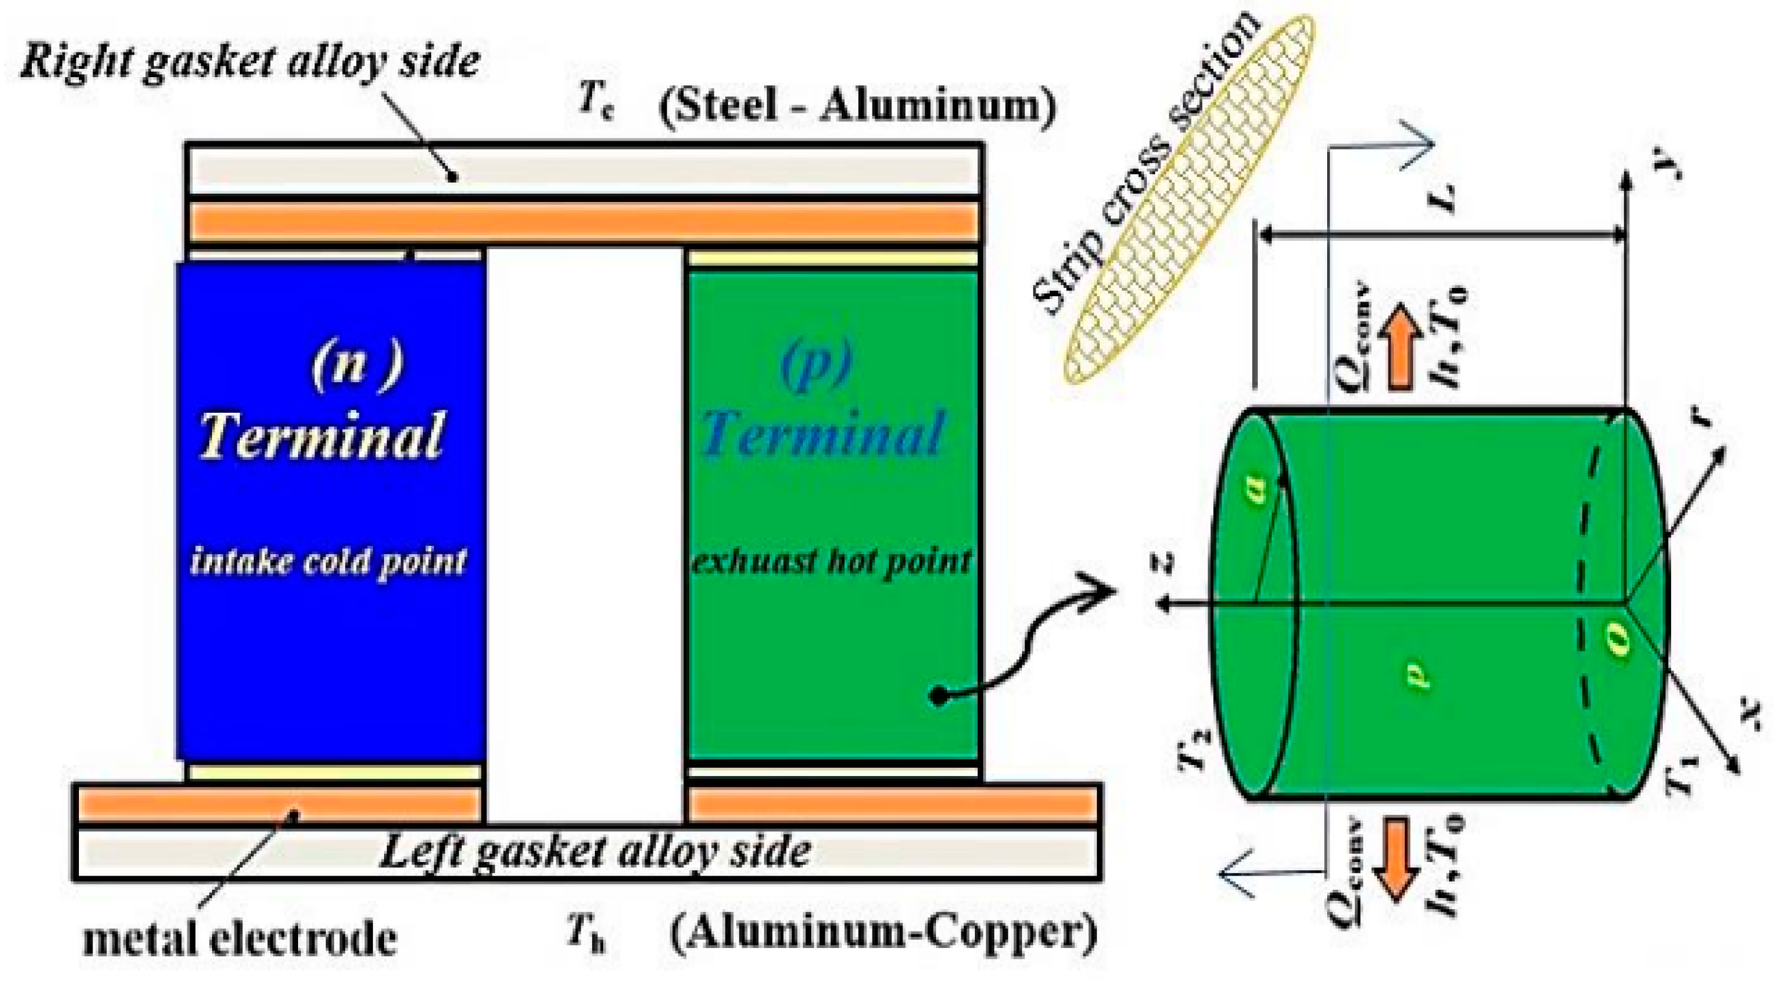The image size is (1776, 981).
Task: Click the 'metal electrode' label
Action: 240,937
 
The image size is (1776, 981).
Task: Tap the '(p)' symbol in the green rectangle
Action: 816,363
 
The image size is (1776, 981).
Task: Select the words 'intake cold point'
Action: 328,561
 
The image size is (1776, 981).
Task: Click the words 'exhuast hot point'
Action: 832,562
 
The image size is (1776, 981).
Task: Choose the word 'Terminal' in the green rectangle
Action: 822,435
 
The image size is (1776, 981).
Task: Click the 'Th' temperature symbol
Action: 587,935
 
